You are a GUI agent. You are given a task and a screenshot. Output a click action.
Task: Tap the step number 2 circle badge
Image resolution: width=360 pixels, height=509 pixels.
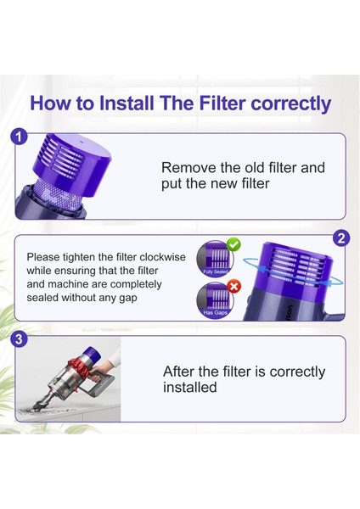pos(341,238)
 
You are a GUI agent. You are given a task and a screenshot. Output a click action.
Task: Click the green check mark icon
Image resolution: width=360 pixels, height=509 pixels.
pos(233,245)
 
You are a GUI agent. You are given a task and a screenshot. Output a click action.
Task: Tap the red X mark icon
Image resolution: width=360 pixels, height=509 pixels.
pos(233,287)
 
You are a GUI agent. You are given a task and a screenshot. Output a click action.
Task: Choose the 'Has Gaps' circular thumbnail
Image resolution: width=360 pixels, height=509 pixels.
pos(213,300)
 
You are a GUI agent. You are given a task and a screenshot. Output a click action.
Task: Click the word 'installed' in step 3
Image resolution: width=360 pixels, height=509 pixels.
pos(190,388)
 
